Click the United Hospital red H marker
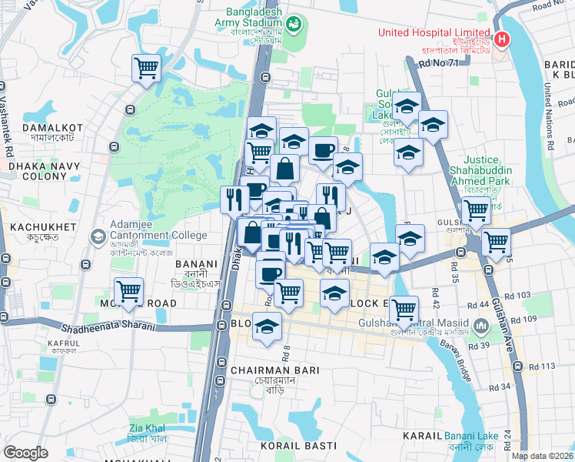pos(502,38)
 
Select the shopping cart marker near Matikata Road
pos(129,292)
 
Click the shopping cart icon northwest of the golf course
pos(146,67)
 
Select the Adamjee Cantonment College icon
pos(98,236)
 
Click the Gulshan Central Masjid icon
pos(480,328)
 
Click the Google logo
pos(25,453)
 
